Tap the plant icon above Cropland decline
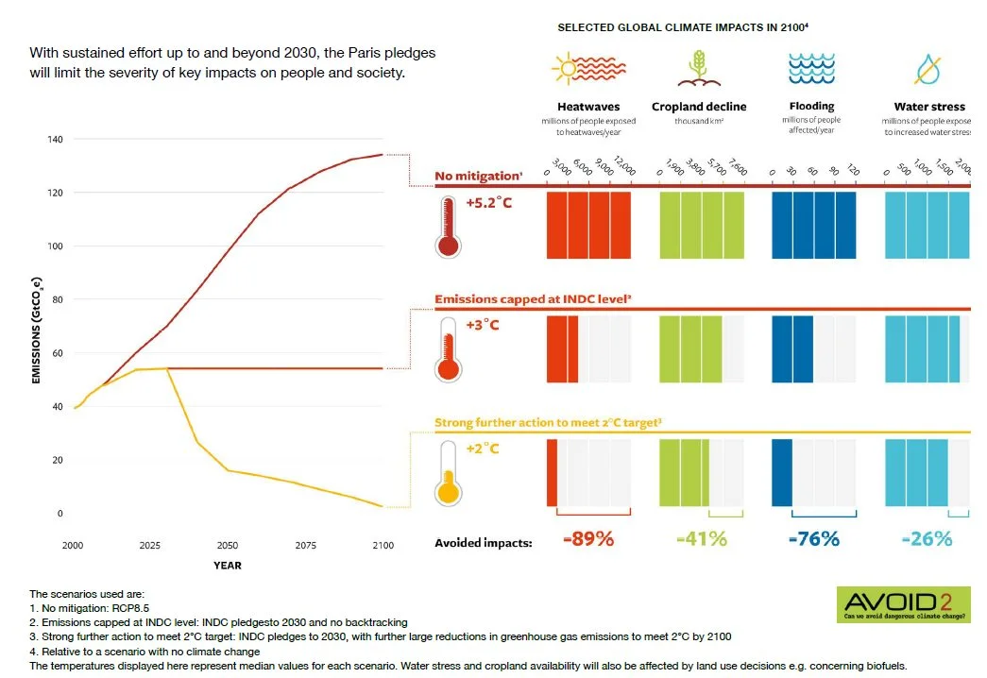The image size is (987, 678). [698, 69]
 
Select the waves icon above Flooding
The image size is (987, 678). [813, 69]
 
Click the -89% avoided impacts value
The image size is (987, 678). [587, 539]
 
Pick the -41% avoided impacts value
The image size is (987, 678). [702, 539]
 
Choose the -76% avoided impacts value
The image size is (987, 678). [813, 539]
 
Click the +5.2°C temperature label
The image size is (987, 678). [488, 203]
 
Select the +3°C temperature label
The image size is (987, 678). [482, 325]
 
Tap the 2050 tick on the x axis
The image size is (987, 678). [227, 547]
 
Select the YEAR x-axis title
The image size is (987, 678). [227, 566]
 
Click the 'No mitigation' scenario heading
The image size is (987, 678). [478, 176]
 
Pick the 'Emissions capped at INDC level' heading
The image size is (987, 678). [533, 299]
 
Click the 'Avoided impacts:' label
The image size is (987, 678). [484, 543]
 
